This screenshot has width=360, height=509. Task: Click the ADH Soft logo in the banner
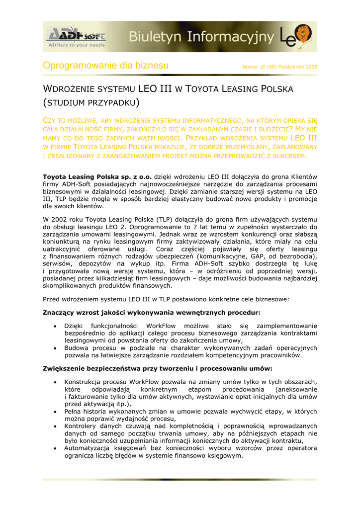tap(75, 34)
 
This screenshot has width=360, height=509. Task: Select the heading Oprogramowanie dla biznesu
tap(106, 66)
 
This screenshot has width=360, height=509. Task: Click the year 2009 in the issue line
tap(312, 67)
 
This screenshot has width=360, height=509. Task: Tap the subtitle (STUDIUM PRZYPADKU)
tap(91, 103)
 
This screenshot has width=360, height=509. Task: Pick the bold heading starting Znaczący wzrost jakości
tap(152, 313)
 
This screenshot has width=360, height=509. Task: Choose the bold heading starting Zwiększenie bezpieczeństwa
tap(158, 369)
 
